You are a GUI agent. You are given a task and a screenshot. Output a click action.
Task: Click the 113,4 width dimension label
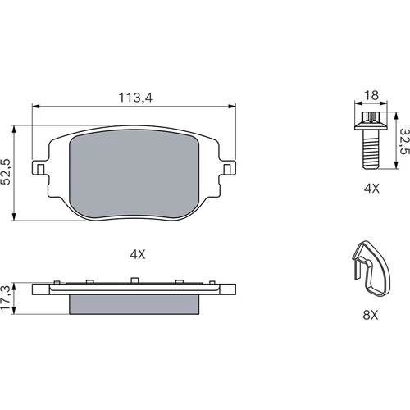point(135,98)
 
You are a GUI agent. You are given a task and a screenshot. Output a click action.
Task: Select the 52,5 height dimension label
point(6,171)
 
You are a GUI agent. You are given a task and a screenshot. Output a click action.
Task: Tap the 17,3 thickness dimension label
point(6,298)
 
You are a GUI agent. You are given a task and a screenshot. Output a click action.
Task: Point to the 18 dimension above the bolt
point(371,95)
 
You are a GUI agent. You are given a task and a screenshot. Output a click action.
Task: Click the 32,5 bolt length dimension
point(404,142)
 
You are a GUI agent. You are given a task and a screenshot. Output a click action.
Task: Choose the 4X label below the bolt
point(371,189)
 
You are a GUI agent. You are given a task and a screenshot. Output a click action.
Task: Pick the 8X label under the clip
point(371,315)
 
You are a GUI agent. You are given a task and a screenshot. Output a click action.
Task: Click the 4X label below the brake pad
point(138,255)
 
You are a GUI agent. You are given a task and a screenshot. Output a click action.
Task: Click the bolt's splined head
point(371,118)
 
